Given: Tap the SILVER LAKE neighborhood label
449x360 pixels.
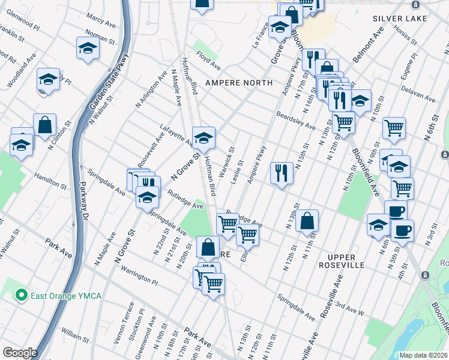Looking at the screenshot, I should coord(400,19).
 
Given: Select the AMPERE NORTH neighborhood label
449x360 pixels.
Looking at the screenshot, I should coord(239,82).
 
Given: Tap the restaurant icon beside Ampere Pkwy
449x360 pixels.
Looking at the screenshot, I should coord(281,173).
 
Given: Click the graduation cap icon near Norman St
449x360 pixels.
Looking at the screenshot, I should coord(88,47).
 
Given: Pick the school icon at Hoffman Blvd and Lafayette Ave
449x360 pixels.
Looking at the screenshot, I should coord(203,137).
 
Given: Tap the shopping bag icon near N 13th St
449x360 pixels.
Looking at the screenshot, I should coord(307,220).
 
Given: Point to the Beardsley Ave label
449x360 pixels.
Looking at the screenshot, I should coord(295,121).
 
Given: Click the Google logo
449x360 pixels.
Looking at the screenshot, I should coord(20,352).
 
